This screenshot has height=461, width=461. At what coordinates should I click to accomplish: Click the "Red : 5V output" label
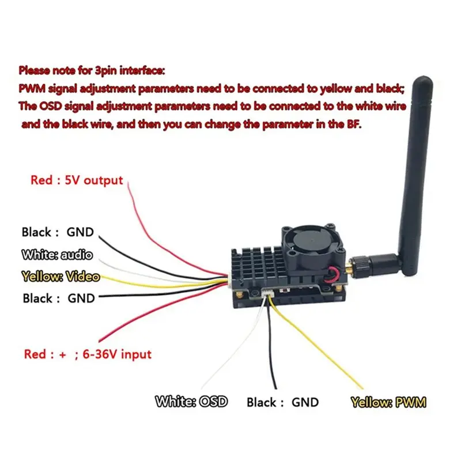(77, 180)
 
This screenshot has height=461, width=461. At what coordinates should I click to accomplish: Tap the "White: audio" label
(57, 255)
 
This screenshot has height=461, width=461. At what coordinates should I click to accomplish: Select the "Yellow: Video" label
(61, 277)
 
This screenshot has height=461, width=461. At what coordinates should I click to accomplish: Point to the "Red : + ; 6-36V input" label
(88, 354)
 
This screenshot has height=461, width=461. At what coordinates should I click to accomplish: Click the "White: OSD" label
(191, 402)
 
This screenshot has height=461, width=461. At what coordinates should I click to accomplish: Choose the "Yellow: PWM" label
(388, 402)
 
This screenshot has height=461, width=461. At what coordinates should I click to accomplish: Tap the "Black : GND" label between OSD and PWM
(282, 402)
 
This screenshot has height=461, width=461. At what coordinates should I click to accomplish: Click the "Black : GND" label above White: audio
(58, 232)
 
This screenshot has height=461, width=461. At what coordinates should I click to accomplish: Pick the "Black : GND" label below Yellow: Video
(59, 298)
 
